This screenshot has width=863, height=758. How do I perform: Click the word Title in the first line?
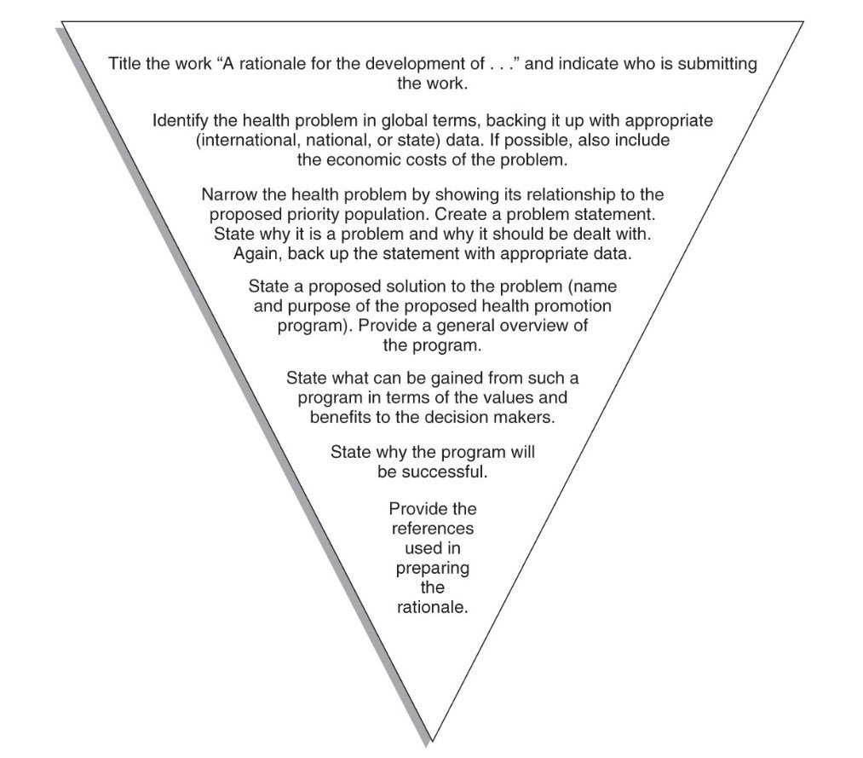[125, 64]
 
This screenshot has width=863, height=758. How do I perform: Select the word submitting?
[717, 64]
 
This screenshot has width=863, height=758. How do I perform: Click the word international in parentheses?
[246, 140]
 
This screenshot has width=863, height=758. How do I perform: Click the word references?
[432, 529]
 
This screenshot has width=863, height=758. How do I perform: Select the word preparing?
[432, 568]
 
